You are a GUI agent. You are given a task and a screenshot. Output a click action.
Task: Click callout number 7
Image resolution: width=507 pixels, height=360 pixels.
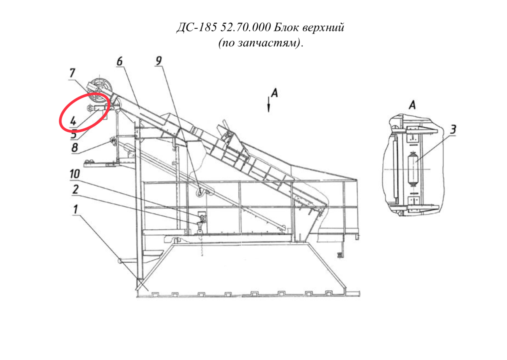click(x=72, y=73)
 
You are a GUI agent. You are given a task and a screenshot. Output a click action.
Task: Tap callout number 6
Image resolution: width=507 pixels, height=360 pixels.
click(x=120, y=61)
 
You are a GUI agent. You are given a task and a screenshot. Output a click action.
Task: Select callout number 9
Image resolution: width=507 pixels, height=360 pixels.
click(x=159, y=60)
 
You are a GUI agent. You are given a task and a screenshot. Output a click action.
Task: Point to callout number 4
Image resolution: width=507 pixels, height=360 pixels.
click(x=73, y=121)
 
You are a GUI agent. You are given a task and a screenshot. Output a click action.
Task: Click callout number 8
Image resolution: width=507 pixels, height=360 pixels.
click(x=75, y=148)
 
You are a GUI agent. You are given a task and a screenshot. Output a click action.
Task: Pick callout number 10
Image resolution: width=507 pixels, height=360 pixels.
click(x=75, y=174)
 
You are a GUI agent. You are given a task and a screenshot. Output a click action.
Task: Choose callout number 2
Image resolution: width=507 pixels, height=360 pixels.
click(x=75, y=189)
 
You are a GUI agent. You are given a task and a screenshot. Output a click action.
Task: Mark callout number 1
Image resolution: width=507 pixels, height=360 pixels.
click(x=75, y=209)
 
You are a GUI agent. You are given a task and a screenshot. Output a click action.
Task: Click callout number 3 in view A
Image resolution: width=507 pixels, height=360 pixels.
click(x=453, y=129)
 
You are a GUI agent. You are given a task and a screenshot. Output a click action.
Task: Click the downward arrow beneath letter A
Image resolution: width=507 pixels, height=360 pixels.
click(x=269, y=104)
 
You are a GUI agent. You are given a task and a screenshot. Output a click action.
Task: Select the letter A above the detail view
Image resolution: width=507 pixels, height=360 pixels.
click(x=412, y=105)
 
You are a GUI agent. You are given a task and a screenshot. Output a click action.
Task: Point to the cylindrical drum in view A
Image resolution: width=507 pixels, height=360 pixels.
click(x=413, y=169)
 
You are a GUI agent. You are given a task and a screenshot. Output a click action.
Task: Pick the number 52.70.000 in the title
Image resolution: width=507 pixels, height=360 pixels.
click(x=246, y=28)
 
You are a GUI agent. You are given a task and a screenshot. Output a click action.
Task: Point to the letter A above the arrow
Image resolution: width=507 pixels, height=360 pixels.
click(x=274, y=92)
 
